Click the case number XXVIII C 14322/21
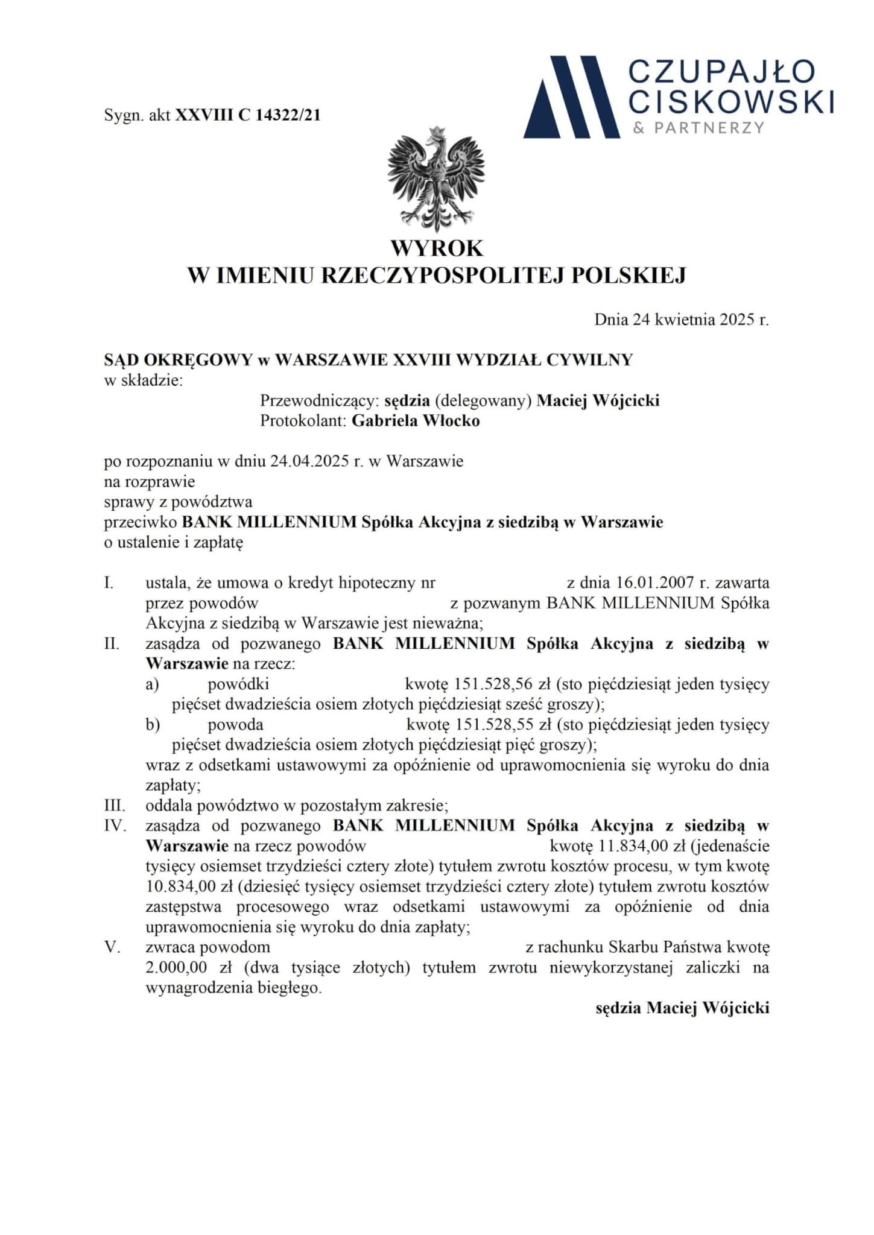[x=248, y=115]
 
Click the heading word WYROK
[x=437, y=248]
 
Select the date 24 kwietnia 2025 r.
[x=682, y=320]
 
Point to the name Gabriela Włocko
[x=416, y=421]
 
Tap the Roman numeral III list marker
[x=115, y=805]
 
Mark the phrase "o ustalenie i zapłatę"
[x=174, y=542]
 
